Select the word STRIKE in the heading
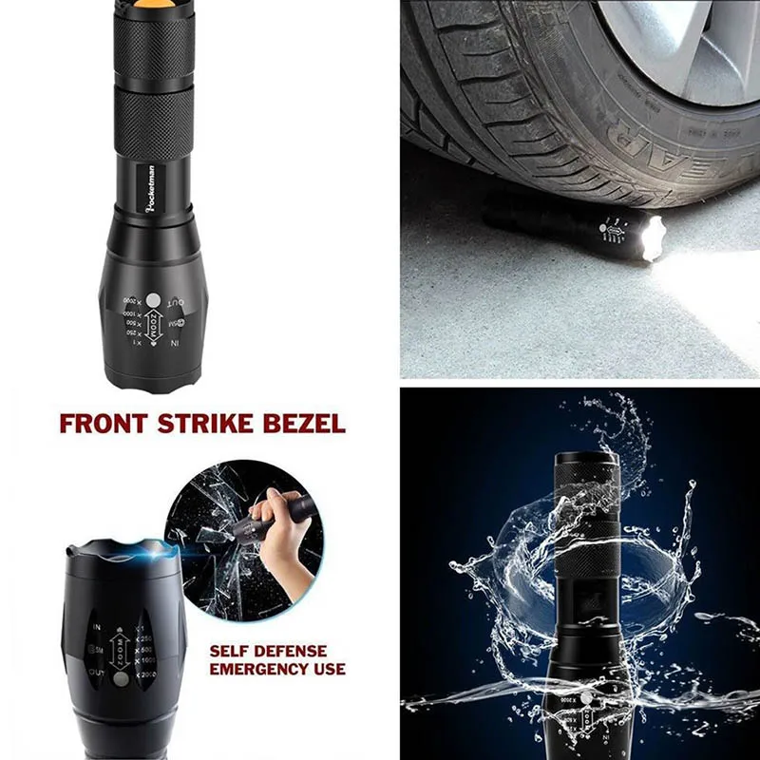point(211,423)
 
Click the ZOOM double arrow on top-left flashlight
point(151,326)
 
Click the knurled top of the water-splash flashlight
point(584,474)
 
